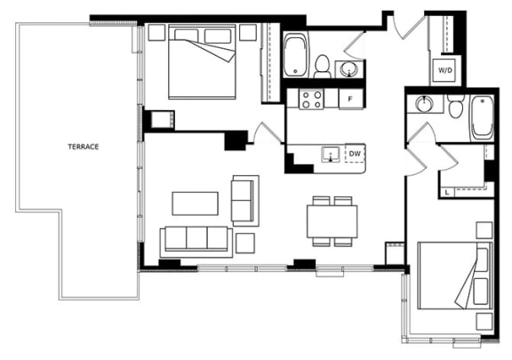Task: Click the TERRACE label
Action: point(84,147)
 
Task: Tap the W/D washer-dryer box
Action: point(445,70)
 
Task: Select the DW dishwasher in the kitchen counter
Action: point(355,153)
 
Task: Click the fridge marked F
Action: point(351,99)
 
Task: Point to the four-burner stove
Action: point(311,100)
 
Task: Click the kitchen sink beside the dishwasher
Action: point(331,154)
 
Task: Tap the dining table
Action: point(332,221)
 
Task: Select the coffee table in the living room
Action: point(196,204)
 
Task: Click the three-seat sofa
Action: point(196,242)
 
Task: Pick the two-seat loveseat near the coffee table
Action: point(245,201)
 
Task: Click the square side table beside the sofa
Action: point(245,243)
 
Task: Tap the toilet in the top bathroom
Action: point(323,67)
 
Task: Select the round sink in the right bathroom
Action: point(425,104)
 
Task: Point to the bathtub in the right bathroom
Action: point(483,118)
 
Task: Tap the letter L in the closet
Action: point(447,193)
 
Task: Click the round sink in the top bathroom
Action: point(349,69)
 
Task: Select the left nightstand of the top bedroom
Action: point(156,32)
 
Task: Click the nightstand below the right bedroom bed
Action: point(484,322)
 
